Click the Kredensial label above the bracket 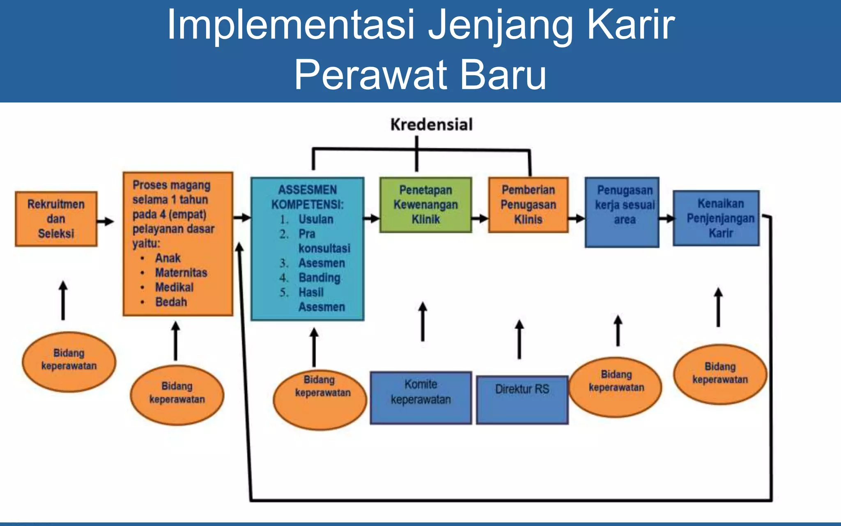click(x=431, y=125)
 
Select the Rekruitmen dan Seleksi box click(x=56, y=219)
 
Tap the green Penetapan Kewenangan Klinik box click(x=425, y=205)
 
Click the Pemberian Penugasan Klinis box click(x=528, y=205)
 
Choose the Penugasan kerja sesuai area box click(x=622, y=212)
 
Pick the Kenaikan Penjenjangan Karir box click(x=716, y=218)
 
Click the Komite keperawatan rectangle click(x=420, y=397)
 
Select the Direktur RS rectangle click(x=522, y=399)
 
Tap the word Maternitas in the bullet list click(x=181, y=272)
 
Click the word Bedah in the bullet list click(x=171, y=302)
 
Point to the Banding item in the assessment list click(x=319, y=278)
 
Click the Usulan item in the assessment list click(x=316, y=219)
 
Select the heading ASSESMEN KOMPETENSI click(x=308, y=197)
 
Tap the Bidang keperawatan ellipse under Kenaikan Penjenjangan click(x=720, y=374)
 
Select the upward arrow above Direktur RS click(x=519, y=339)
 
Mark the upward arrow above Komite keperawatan click(x=423, y=321)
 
